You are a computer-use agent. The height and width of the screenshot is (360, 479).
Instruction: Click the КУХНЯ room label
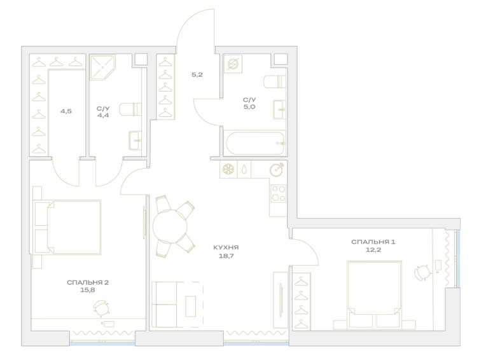pyautogui.click(x=226, y=247)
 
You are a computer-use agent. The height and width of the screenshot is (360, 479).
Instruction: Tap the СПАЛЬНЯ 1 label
pyautogui.click(x=373, y=242)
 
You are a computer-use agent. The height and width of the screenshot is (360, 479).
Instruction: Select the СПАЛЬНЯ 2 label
pyautogui.click(x=88, y=283)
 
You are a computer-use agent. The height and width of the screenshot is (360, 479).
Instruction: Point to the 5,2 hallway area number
pyautogui.click(x=197, y=74)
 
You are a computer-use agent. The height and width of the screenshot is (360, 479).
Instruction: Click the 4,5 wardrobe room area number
pyautogui.click(x=66, y=111)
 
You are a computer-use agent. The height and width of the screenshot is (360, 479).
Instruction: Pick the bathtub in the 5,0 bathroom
pyautogui.click(x=255, y=143)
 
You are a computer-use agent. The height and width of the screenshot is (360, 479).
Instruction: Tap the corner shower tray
pyautogui.click(x=102, y=67)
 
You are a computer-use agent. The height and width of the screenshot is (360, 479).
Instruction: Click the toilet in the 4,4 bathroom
pyautogui.click(x=130, y=109)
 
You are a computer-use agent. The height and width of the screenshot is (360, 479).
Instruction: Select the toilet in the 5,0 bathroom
pyautogui.click(x=275, y=81)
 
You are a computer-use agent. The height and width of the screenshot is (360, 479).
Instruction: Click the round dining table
pyautogui.click(x=170, y=226)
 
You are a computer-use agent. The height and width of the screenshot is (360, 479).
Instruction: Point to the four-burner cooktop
pyautogui.click(x=278, y=193)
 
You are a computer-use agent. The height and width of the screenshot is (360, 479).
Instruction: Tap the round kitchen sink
pyautogui.click(x=277, y=169)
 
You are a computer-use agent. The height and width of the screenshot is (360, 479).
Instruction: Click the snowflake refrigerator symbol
pyautogui.click(x=228, y=169)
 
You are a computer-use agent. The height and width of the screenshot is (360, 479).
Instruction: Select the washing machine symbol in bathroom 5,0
pyautogui.click(x=232, y=64)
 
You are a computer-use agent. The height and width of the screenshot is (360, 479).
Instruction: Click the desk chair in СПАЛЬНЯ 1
pyautogui.click(x=423, y=272)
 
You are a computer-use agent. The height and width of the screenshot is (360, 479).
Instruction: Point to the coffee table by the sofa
pyautogui.click(x=191, y=307)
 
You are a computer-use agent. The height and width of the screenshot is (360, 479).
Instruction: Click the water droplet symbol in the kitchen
pyautogui.click(x=244, y=169)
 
